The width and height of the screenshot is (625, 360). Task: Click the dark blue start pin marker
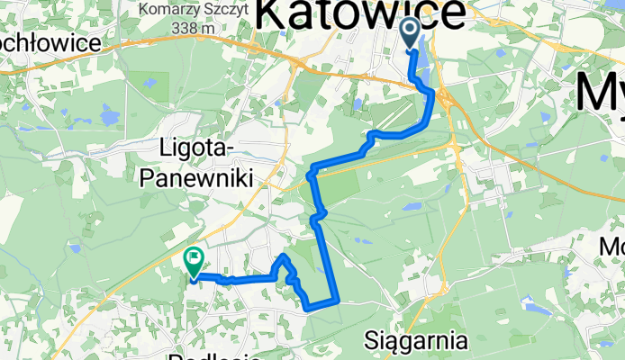[409, 34]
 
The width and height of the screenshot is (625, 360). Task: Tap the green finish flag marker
[194, 262]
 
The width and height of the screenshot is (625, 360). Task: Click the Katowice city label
[361, 15]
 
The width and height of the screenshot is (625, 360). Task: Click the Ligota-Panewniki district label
[195, 159]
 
